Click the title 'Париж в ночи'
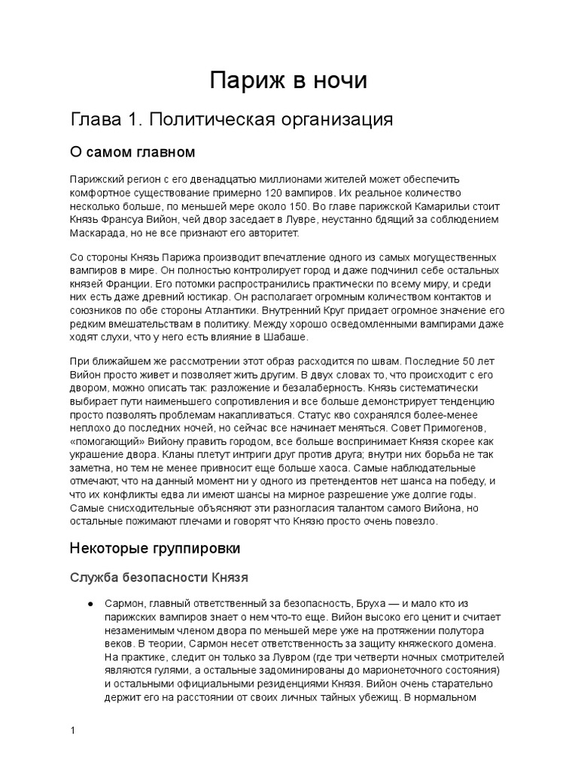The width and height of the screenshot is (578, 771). pos(288,81)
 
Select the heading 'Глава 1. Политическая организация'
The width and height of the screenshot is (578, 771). pos(232,120)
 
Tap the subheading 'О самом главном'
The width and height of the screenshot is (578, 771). pos(132,153)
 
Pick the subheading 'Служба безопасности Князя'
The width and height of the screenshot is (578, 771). pos(159,577)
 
